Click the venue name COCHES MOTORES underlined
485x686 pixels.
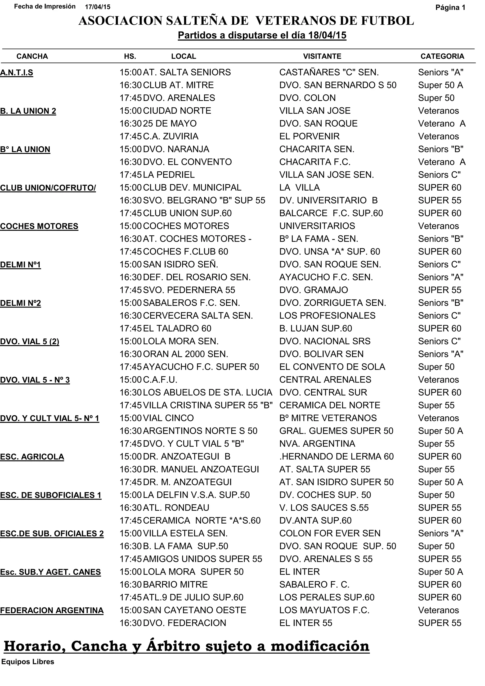click(x=39, y=226)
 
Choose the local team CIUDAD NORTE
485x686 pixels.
click(x=177, y=111)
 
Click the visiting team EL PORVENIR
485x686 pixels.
click(x=309, y=136)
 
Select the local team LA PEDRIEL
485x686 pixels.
click(x=169, y=174)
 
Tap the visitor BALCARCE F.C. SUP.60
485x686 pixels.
click(x=331, y=213)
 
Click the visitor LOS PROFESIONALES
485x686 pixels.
click(x=327, y=316)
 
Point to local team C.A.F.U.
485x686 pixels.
click(x=160, y=379)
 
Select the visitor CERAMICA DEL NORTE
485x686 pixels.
click(x=330, y=405)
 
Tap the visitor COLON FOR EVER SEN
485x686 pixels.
click(x=330, y=533)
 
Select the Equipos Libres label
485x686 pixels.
click(x=28, y=662)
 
